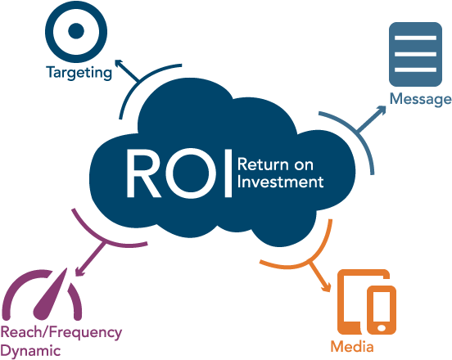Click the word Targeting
pyautogui.click(x=79, y=73)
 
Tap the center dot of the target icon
pyautogui.click(x=76, y=31)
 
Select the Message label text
pyautogui.click(x=421, y=99)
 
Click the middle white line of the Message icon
pyautogui.click(x=415, y=54)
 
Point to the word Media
pyautogui.click(x=352, y=346)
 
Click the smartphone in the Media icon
pyautogui.click(x=382, y=310)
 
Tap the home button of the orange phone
pyautogui.click(x=382, y=328)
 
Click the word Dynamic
pyautogui.click(x=30, y=352)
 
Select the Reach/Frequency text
pyautogui.click(x=61, y=333)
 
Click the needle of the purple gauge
pyautogui.click(x=52, y=295)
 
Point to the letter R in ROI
pyautogui.click(x=143, y=173)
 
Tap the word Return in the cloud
pyautogui.click(x=263, y=164)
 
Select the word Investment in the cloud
pyautogui.click(x=281, y=182)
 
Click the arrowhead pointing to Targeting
pyautogui.click(x=119, y=64)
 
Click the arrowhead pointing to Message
pyautogui.click(x=382, y=110)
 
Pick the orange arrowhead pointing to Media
pyautogui.click(x=327, y=287)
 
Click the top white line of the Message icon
pyautogui.click(x=415, y=38)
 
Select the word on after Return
pyautogui.click(x=304, y=165)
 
